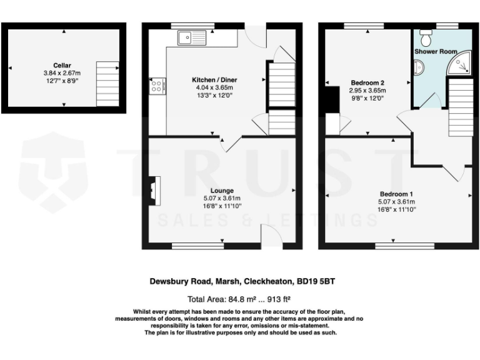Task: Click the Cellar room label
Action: (x=62, y=65)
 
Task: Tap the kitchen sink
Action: (x=191, y=39)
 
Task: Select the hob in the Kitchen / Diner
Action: (x=156, y=86)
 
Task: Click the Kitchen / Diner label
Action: (x=214, y=80)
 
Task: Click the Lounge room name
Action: (x=222, y=191)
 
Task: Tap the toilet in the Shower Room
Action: (x=427, y=38)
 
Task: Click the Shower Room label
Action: (x=436, y=51)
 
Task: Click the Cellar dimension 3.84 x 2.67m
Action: (x=62, y=72)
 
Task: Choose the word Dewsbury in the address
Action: (x=169, y=281)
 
